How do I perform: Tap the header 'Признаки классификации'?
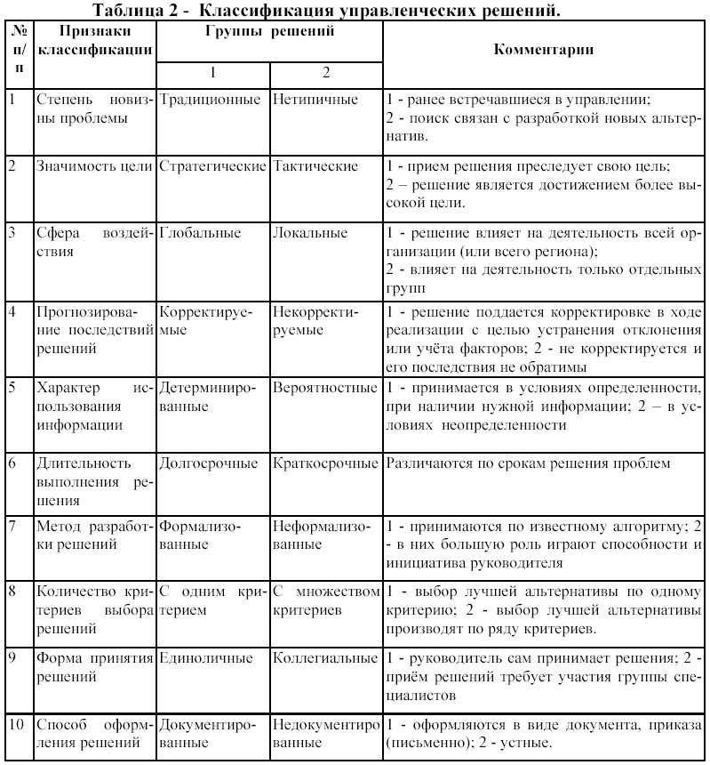click(92, 41)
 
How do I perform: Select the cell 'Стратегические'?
click(212, 166)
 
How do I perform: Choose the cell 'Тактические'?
click(315, 166)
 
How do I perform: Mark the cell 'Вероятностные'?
click(325, 390)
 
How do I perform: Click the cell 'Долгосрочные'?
click(209, 464)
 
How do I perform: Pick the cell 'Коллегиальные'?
click(325, 659)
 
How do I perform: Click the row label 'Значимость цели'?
click(93, 166)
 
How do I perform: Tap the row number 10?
click(16, 723)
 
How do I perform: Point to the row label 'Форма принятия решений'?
click(92, 667)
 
